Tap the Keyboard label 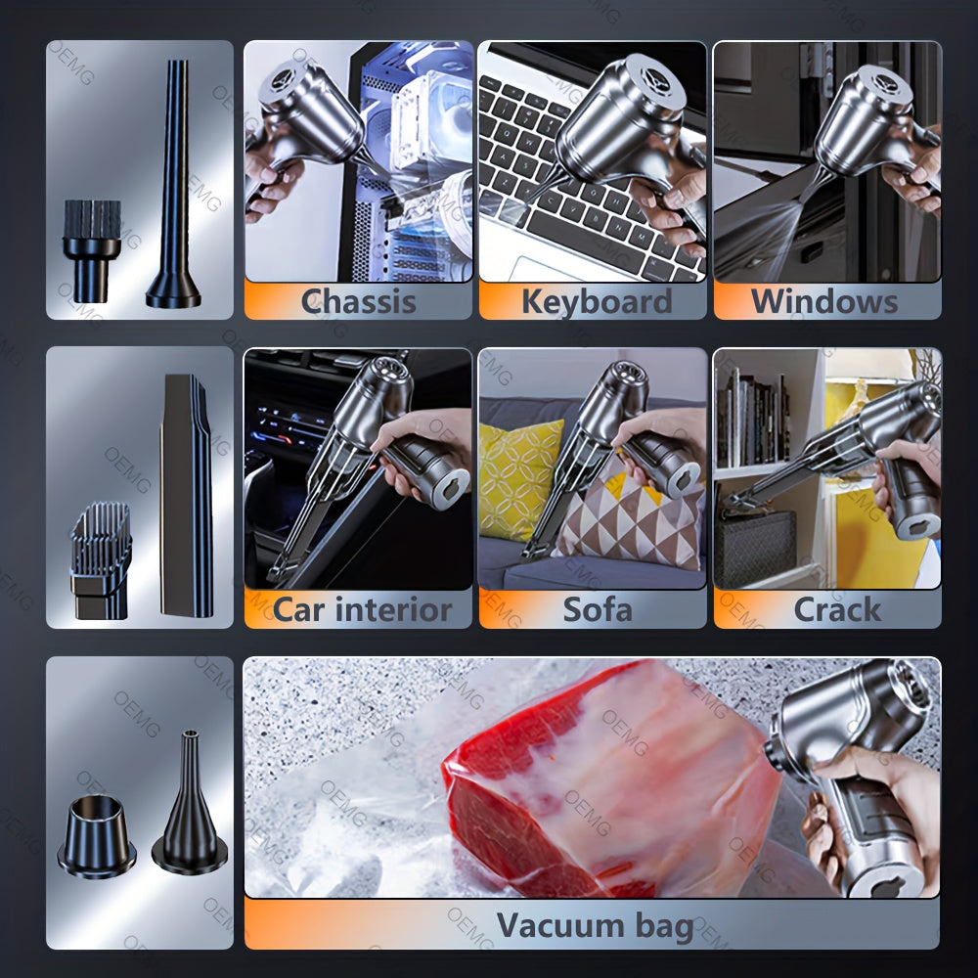click(597, 301)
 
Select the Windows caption click(823, 301)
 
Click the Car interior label click(362, 610)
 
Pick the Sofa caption click(597, 610)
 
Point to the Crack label click(836, 610)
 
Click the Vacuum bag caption click(595, 925)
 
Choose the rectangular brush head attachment click(100, 557)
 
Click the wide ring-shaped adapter click(97, 837)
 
